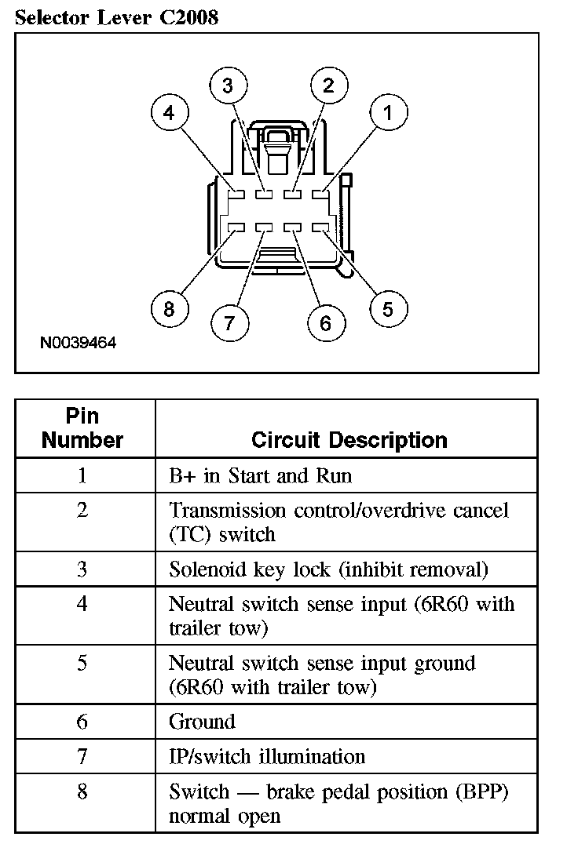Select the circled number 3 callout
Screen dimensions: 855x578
[x=228, y=86]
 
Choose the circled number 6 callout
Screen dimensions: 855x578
[x=326, y=322]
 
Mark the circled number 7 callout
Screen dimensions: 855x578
[x=229, y=322]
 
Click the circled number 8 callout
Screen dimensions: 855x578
[x=169, y=309]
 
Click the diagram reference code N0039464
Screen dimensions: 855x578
[x=79, y=343]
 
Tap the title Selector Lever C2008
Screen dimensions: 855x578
[x=116, y=17]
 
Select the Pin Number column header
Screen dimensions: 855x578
[x=82, y=428]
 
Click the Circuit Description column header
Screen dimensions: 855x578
[x=349, y=439]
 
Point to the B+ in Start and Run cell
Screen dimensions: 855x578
[x=261, y=476]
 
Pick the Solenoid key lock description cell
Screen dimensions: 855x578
[x=328, y=569]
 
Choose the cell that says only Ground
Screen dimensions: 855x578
[x=202, y=722]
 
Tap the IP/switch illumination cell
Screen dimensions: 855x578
[x=267, y=757]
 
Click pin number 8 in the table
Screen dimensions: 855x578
[x=82, y=792]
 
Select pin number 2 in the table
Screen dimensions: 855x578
[x=82, y=511]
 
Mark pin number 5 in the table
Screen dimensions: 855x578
[x=82, y=664]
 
